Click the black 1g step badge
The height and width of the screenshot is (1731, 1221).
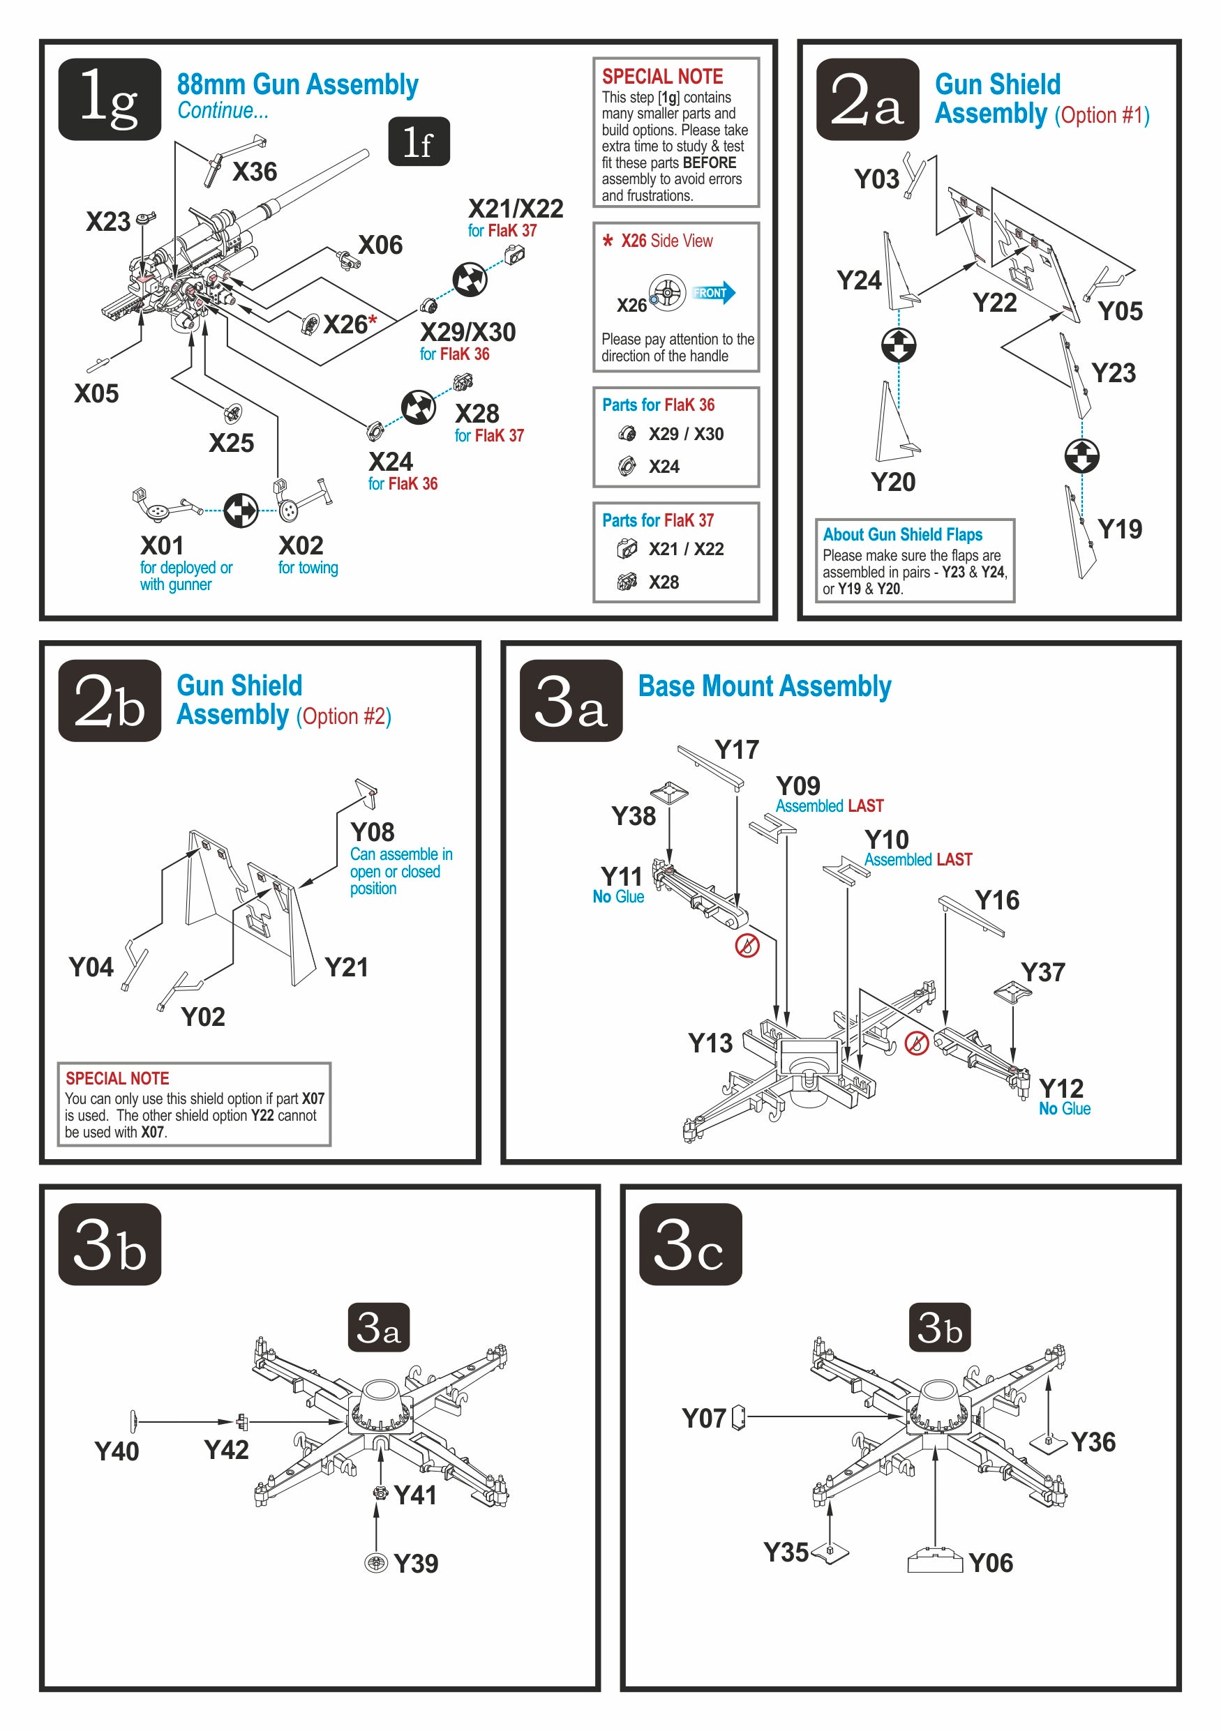pos(110,99)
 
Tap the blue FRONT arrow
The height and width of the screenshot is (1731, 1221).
pos(712,292)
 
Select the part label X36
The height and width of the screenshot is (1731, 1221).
pos(254,172)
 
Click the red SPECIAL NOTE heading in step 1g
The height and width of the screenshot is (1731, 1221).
pos(661,76)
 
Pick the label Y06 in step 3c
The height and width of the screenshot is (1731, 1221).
pos(990,1563)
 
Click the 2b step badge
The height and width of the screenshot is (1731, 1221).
pos(110,700)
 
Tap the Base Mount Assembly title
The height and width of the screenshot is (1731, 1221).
pos(764,686)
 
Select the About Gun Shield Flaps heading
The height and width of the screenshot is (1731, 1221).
pos(902,534)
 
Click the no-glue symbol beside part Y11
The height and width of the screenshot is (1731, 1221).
pos(747,946)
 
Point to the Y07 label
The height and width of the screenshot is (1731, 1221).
pos(703,1418)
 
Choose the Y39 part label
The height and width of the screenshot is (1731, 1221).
pos(416,1563)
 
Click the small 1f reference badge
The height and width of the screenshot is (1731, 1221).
pos(419,142)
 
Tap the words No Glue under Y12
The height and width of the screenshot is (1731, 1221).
pos(1064,1108)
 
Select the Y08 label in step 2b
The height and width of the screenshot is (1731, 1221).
pos(372,831)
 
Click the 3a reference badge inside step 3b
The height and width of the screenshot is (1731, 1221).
pos(378,1328)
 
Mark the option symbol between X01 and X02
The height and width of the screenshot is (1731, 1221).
pos(241,511)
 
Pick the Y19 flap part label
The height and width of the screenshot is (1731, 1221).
pos(1119,529)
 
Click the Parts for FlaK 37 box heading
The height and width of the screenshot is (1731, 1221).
pos(658,520)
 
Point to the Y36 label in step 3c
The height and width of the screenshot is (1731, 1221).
pos(1093,1442)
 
